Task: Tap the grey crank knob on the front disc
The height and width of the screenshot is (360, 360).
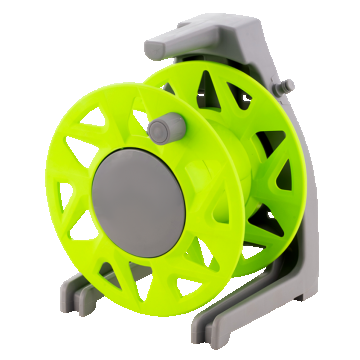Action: tap(168, 127)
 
